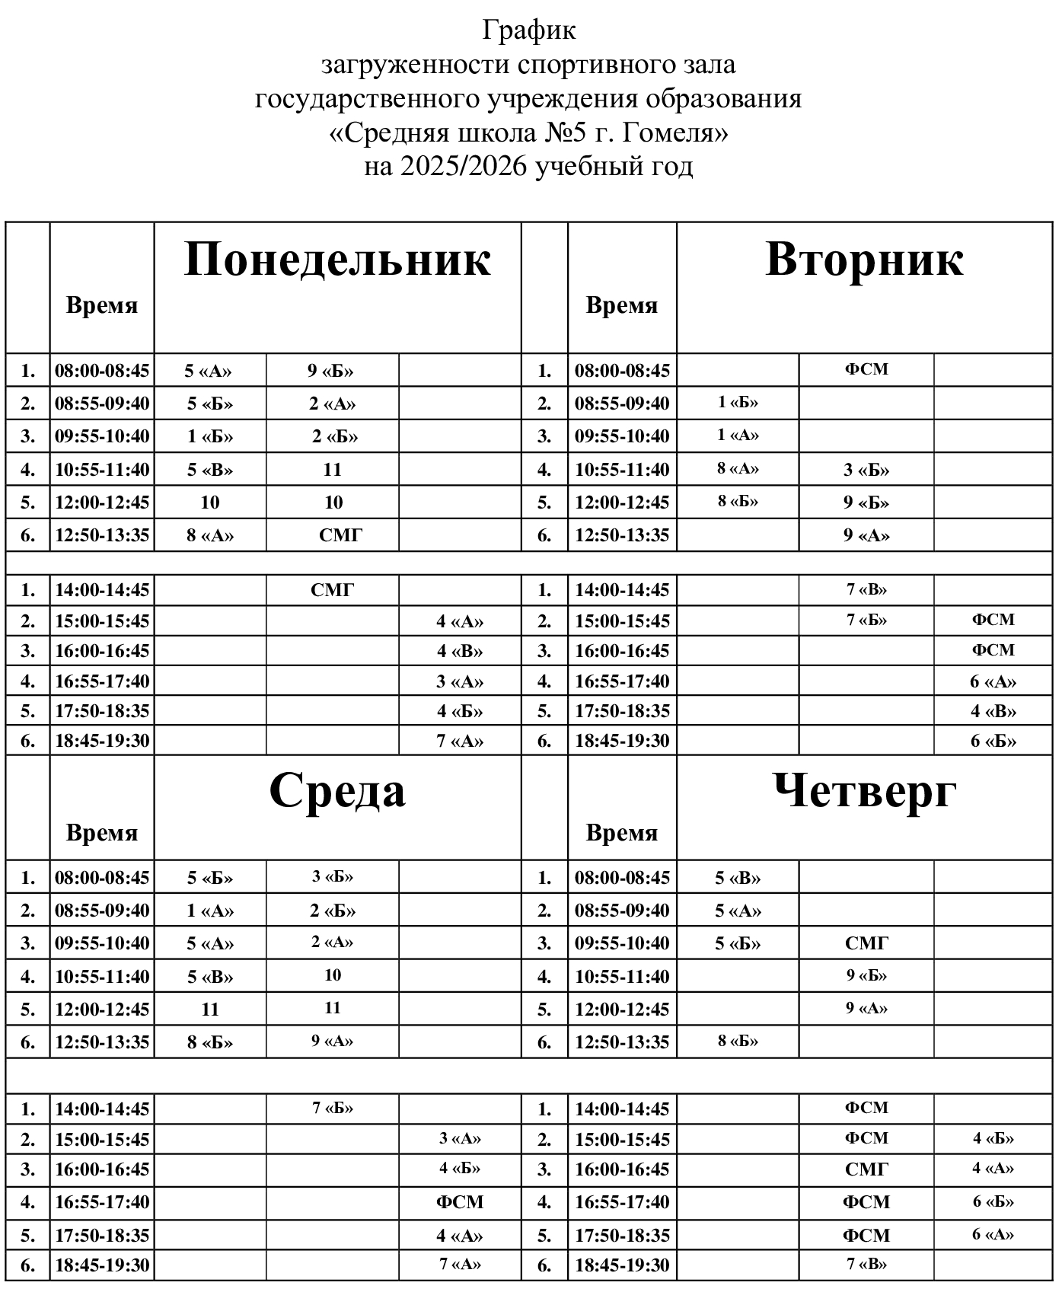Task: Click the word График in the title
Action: click(529, 30)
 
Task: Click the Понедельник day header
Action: click(337, 259)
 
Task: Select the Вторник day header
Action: click(864, 259)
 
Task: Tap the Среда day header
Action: click(337, 790)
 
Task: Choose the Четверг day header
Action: click(864, 790)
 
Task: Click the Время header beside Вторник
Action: click(621, 305)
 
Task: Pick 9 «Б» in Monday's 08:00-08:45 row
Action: click(331, 371)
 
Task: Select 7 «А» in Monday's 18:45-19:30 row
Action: click(460, 741)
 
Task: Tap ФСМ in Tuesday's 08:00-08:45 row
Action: click(866, 369)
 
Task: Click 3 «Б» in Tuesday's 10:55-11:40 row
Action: click(866, 470)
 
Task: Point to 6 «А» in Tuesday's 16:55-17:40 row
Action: click(993, 681)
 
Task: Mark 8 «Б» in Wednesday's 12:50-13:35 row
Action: click(210, 1042)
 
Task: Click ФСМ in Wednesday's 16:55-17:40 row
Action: click(460, 1202)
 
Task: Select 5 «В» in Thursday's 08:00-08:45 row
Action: click(738, 878)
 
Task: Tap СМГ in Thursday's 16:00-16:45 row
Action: click(866, 1169)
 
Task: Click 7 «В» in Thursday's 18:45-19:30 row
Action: click(866, 1264)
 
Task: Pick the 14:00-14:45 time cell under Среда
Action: click(102, 1109)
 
